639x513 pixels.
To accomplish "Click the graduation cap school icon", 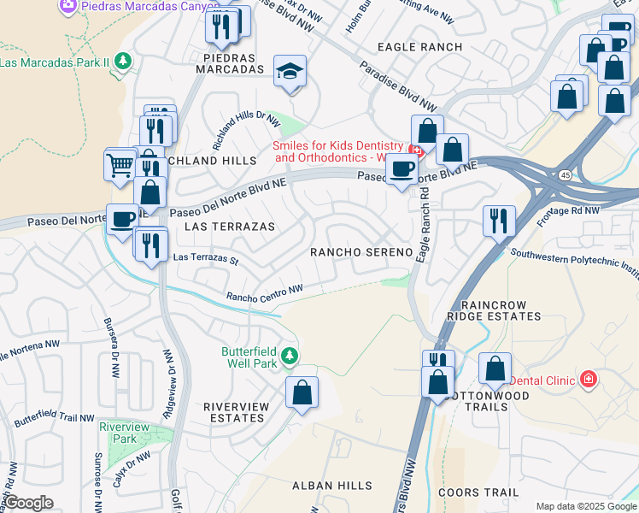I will pos(290,71).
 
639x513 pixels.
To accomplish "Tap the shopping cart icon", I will pos(120,163).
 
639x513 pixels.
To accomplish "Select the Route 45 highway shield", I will pos(565,175).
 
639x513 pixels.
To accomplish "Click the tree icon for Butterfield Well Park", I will pos(290,355).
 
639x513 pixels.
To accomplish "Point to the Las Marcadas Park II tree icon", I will pos(125,62).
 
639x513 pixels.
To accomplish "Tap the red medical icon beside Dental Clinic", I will pos(587,378).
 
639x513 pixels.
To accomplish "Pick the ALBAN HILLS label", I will pos(332,485).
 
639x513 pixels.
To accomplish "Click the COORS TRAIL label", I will pos(478,492).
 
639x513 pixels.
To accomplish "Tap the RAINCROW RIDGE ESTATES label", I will pos(501,310).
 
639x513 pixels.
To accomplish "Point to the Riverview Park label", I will pos(118,432).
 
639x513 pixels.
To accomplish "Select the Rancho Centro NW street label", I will pos(265,293).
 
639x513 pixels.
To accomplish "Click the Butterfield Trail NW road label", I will pos(53,416).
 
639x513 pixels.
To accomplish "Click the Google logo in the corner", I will pos(28,503).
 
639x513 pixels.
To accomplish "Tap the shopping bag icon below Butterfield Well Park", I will pos(302,393).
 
